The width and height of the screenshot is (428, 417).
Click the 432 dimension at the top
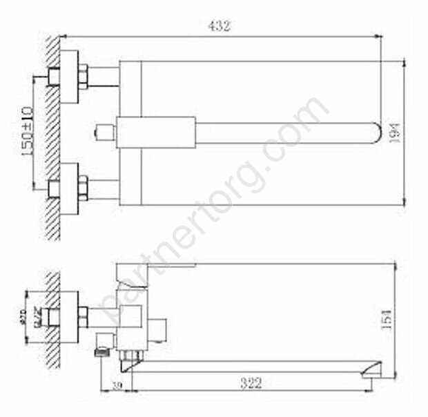coord(218,26)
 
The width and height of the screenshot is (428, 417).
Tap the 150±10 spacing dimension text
coord(28,131)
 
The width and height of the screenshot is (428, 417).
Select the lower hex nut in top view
coord(82,188)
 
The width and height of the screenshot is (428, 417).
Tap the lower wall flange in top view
coord(67,188)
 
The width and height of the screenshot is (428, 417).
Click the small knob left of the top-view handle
coord(104,131)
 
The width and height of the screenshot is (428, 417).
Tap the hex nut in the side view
coord(82,316)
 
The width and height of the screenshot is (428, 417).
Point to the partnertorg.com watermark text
coord(214,207)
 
